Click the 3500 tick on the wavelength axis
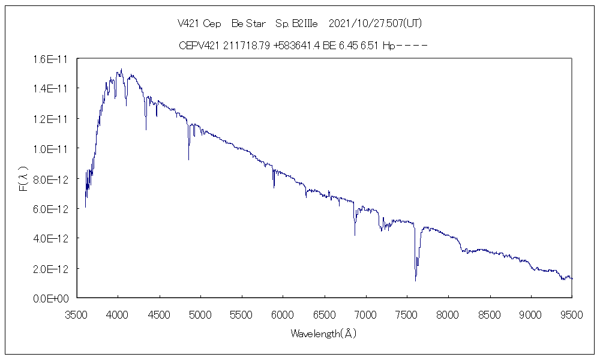(76, 313)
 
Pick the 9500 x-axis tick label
(572, 313)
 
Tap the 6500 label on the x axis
(324, 313)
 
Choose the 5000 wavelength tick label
(200, 313)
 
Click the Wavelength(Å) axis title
(323, 334)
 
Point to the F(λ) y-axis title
(23, 178)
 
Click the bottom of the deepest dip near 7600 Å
(415, 280)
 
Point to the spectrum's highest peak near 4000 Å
(121, 69)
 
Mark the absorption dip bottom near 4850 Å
(188, 160)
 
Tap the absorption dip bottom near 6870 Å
(355, 235)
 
